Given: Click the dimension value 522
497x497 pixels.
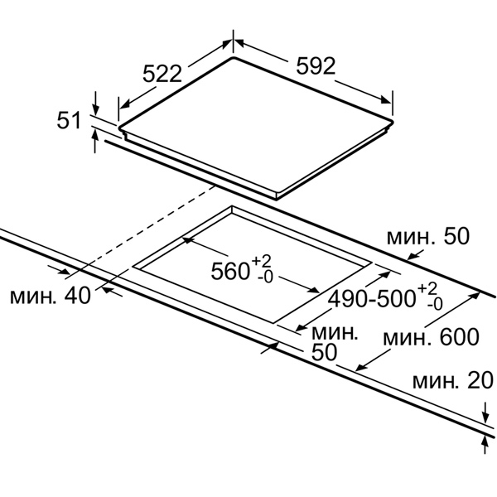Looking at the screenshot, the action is coord(162,74).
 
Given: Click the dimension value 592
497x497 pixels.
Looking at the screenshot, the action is coord(316,66).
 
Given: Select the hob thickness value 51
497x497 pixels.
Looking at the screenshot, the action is coord(69,121).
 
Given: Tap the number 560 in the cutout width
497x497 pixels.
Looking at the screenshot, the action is coord(230,271).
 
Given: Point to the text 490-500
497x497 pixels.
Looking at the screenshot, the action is coord(371,299).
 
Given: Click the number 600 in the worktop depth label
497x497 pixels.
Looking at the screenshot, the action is coord(459,337).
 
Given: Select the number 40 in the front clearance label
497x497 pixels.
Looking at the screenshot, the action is coord(78,296).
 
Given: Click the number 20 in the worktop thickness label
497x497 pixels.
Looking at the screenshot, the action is coord(480,380).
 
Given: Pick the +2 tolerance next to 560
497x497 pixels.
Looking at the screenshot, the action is coord(262,262).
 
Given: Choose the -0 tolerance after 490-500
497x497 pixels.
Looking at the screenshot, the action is coord(434,305).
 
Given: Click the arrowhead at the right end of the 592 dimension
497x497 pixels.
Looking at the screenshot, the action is coord(387,99).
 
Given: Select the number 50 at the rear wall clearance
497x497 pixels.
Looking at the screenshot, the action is coord(456,236).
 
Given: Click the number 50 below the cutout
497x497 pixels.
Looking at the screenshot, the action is coord(324,352).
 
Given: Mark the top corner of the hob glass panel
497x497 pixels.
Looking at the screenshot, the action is coord(234,57).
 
